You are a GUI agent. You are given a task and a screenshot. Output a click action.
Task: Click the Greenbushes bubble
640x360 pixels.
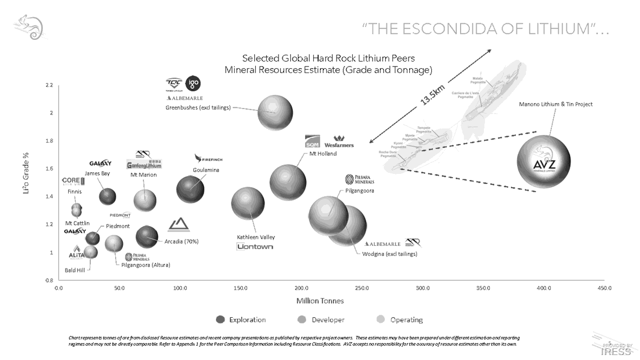click(x=275, y=111)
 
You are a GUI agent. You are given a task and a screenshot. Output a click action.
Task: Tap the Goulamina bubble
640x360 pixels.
click(x=191, y=189)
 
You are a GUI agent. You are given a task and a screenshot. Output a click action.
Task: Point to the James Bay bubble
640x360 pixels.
click(x=107, y=196)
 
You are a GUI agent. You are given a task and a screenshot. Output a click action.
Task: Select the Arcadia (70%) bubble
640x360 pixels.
click(x=147, y=237)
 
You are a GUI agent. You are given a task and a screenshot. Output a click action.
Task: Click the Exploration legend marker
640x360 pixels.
click(x=220, y=320)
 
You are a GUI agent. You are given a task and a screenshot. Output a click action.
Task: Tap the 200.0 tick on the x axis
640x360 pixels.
click(x=301, y=289)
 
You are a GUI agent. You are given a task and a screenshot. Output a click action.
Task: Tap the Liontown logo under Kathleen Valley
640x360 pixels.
click(x=255, y=246)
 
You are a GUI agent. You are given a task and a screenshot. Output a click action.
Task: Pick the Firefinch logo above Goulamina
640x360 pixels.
click(x=209, y=159)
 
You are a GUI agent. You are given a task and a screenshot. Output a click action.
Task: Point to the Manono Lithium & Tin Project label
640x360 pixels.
click(x=555, y=104)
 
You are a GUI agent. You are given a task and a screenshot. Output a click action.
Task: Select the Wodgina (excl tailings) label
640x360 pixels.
click(x=389, y=254)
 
